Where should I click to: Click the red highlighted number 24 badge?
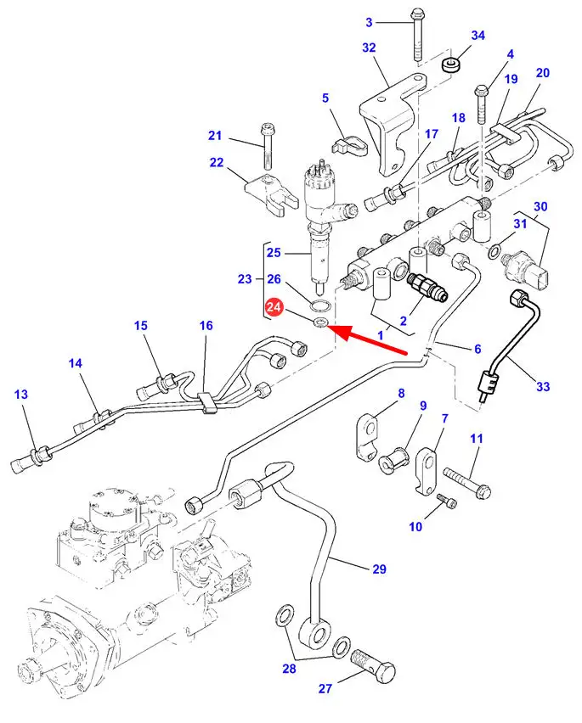[x=274, y=309]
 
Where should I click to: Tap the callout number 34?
[x=477, y=35]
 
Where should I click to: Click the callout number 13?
[x=21, y=394]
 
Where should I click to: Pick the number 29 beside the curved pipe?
[x=378, y=569]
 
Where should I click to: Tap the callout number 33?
[x=543, y=387]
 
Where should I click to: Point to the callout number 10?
[x=415, y=526]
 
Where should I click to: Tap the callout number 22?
[x=217, y=163]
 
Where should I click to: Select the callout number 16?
[x=206, y=325]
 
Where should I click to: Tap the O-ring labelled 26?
[x=320, y=306]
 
